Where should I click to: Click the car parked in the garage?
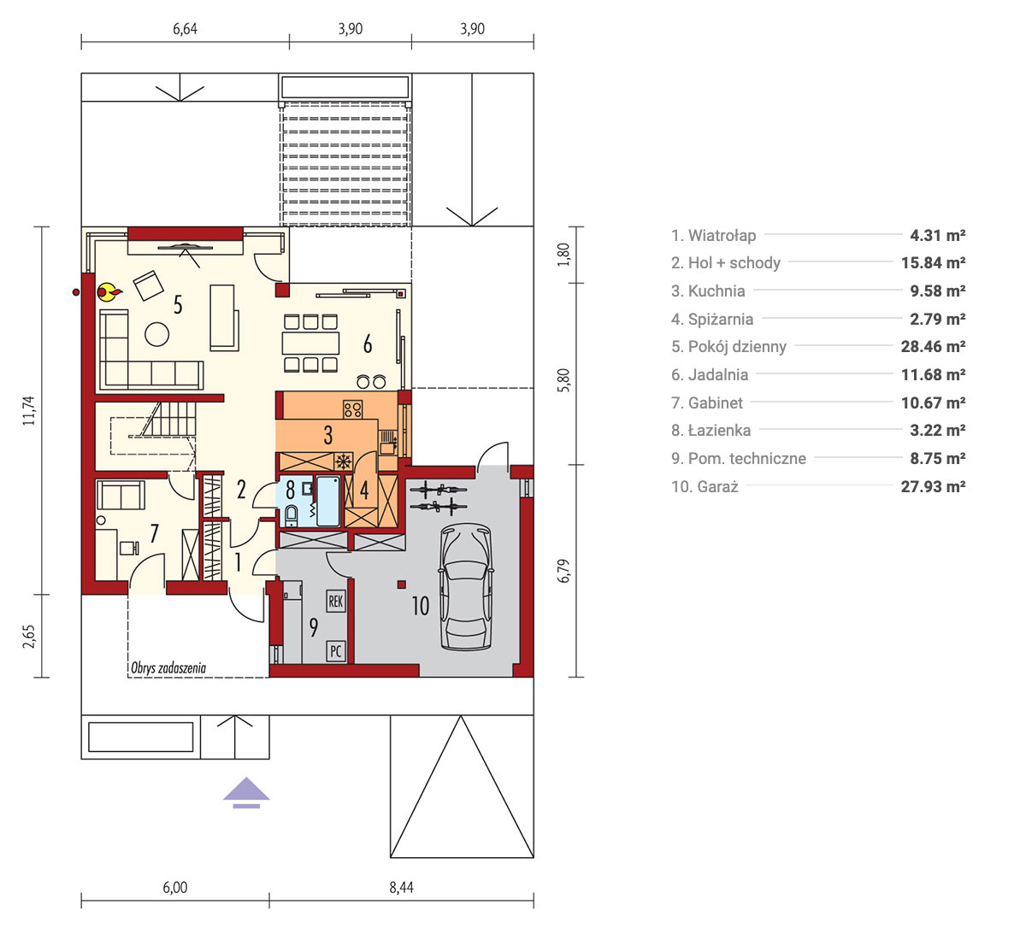[465, 586]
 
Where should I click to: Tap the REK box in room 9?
[335, 601]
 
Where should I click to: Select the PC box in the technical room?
[335, 651]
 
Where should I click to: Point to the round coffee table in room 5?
[156, 334]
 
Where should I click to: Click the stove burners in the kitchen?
[353, 409]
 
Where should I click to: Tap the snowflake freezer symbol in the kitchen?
[344, 461]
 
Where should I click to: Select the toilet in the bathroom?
[292, 515]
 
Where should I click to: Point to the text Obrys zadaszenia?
[168, 668]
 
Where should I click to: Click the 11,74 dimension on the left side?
[28, 410]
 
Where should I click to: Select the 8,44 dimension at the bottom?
[401, 888]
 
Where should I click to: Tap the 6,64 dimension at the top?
[185, 29]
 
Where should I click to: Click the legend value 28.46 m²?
[933, 347]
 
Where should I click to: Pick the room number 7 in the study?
[154, 534]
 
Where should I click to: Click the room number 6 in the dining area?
[368, 344]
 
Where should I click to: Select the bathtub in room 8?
[327, 502]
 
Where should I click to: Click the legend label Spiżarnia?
[721, 319]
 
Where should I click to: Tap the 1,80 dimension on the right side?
[563, 254]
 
